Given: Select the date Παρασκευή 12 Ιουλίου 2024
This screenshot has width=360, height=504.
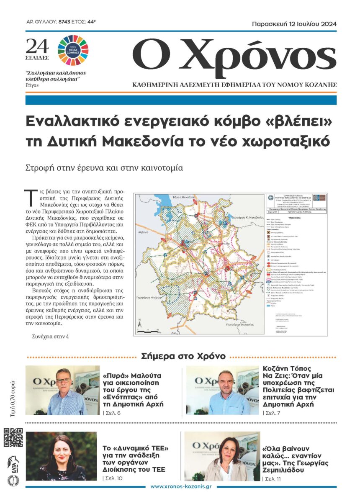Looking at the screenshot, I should coord(294,24).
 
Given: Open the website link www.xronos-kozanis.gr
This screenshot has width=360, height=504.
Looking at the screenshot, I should coord(181,487).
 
